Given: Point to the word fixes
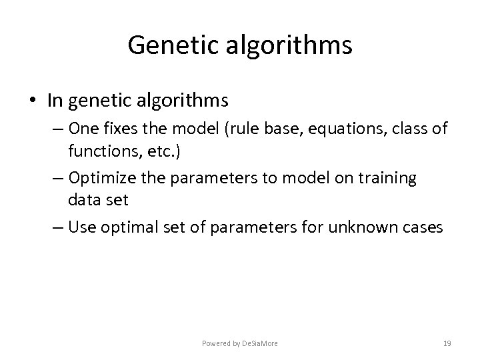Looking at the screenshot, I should coord(113,129).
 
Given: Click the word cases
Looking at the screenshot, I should coord(422,227).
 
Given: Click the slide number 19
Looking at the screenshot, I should coord(447,343).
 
